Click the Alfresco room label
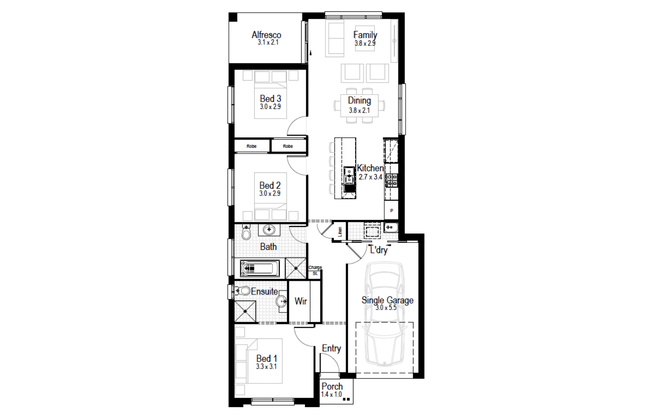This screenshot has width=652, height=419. [x=266, y=35]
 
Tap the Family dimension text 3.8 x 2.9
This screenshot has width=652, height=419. [x=365, y=43]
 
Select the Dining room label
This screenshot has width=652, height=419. [x=359, y=100]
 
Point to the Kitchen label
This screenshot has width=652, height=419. [x=370, y=168]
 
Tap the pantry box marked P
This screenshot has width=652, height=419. [x=392, y=211]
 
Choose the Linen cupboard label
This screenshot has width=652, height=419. [x=340, y=232]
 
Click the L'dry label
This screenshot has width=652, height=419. [x=379, y=250]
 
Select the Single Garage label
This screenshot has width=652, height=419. [x=387, y=300]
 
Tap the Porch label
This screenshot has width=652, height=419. [x=332, y=386]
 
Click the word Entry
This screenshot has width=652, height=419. [x=331, y=348]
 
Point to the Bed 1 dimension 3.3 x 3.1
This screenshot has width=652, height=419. [x=266, y=367]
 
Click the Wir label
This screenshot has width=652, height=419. [x=301, y=301]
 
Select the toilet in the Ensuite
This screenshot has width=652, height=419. [x=242, y=291]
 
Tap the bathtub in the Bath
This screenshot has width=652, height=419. [x=260, y=268]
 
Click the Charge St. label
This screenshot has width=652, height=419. [x=315, y=270]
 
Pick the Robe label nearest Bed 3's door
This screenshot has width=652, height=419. [x=288, y=146]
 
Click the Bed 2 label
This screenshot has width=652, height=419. [x=270, y=186]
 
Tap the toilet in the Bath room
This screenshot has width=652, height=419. [x=246, y=232]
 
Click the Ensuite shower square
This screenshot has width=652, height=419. [x=245, y=311]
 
